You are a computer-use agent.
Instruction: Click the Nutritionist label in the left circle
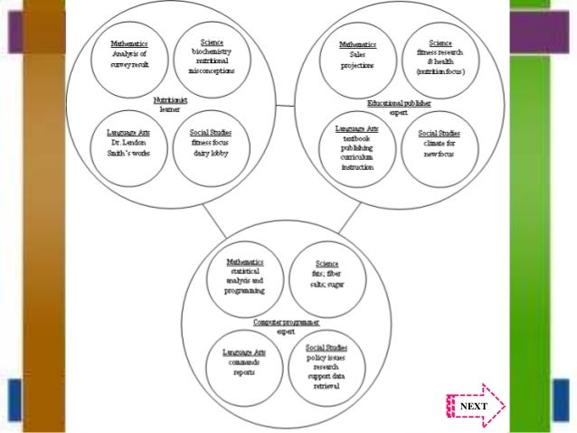170,100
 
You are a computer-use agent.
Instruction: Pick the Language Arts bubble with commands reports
246,364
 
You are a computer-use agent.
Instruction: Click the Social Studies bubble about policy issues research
326,367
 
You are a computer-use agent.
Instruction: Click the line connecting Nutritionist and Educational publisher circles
281,108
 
